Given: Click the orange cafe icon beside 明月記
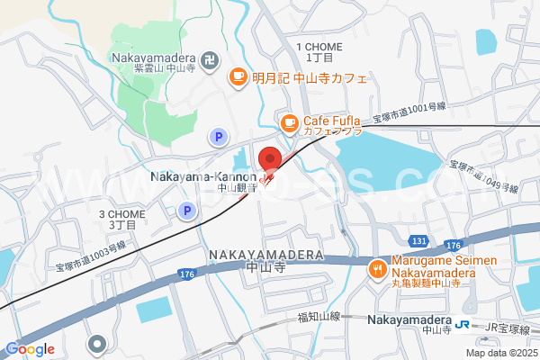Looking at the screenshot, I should tap(238, 77).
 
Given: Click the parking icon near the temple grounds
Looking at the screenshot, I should tap(217, 137).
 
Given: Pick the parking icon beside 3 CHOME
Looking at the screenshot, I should tap(186, 211).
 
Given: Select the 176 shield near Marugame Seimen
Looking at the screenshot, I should tap(453, 246).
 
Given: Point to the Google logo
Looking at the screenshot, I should tap(31, 349).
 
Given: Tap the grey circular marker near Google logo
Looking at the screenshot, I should tap(97, 344).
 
